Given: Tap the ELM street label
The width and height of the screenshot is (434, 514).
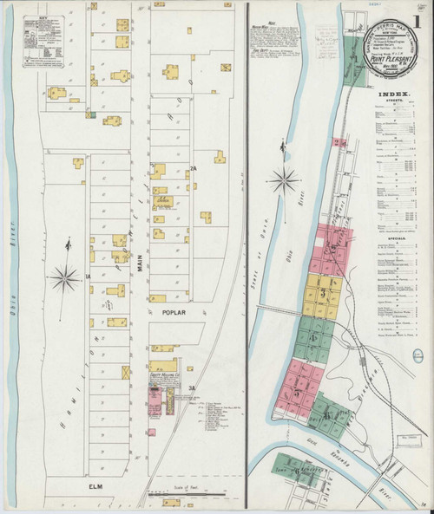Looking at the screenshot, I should click(x=95, y=487).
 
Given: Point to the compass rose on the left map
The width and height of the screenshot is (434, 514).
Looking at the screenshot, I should click(x=64, y=277).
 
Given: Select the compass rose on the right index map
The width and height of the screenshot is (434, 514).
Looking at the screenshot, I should click(x=284, y=182).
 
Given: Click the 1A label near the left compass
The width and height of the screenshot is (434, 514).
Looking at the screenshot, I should click(x=88, y=276).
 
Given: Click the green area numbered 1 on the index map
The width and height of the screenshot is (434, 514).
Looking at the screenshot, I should click(x=354, y=57).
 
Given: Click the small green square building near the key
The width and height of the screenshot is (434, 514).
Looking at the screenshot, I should click(x=89, y=113).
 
